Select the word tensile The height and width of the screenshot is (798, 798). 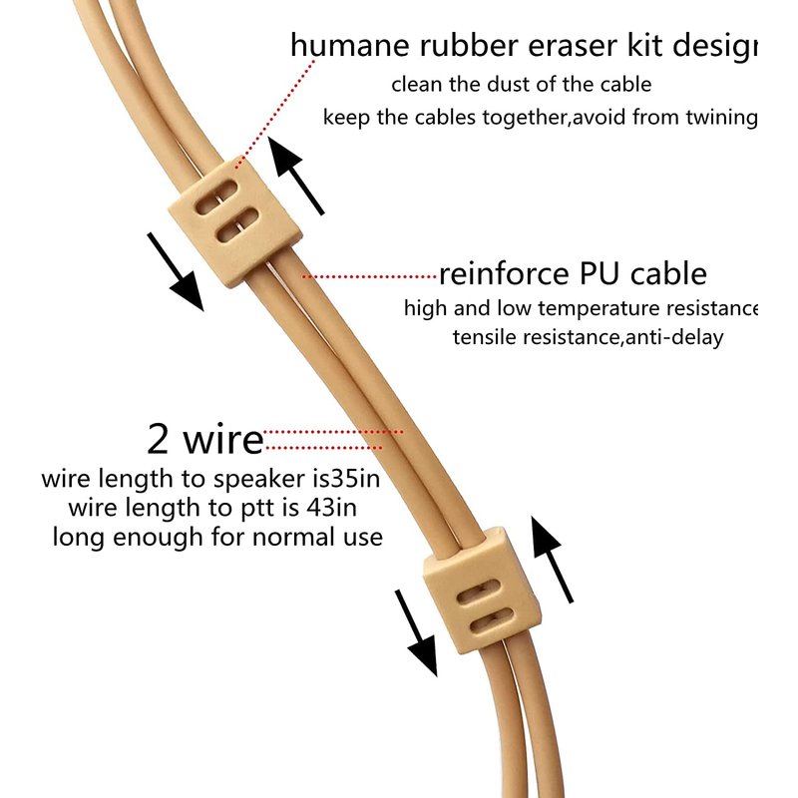point(483,337)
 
